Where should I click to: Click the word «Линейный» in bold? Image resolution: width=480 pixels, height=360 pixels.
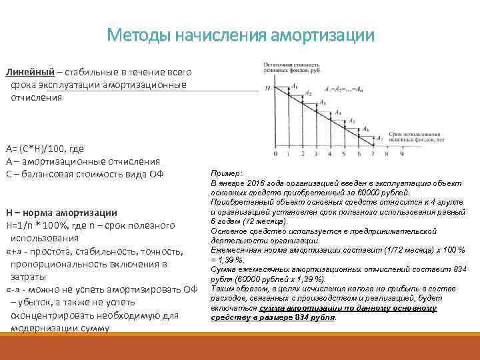pos(26,71)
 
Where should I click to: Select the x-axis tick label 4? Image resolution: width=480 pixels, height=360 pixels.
pos(329,154)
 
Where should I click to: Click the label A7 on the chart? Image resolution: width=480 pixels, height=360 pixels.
pos(380,138)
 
